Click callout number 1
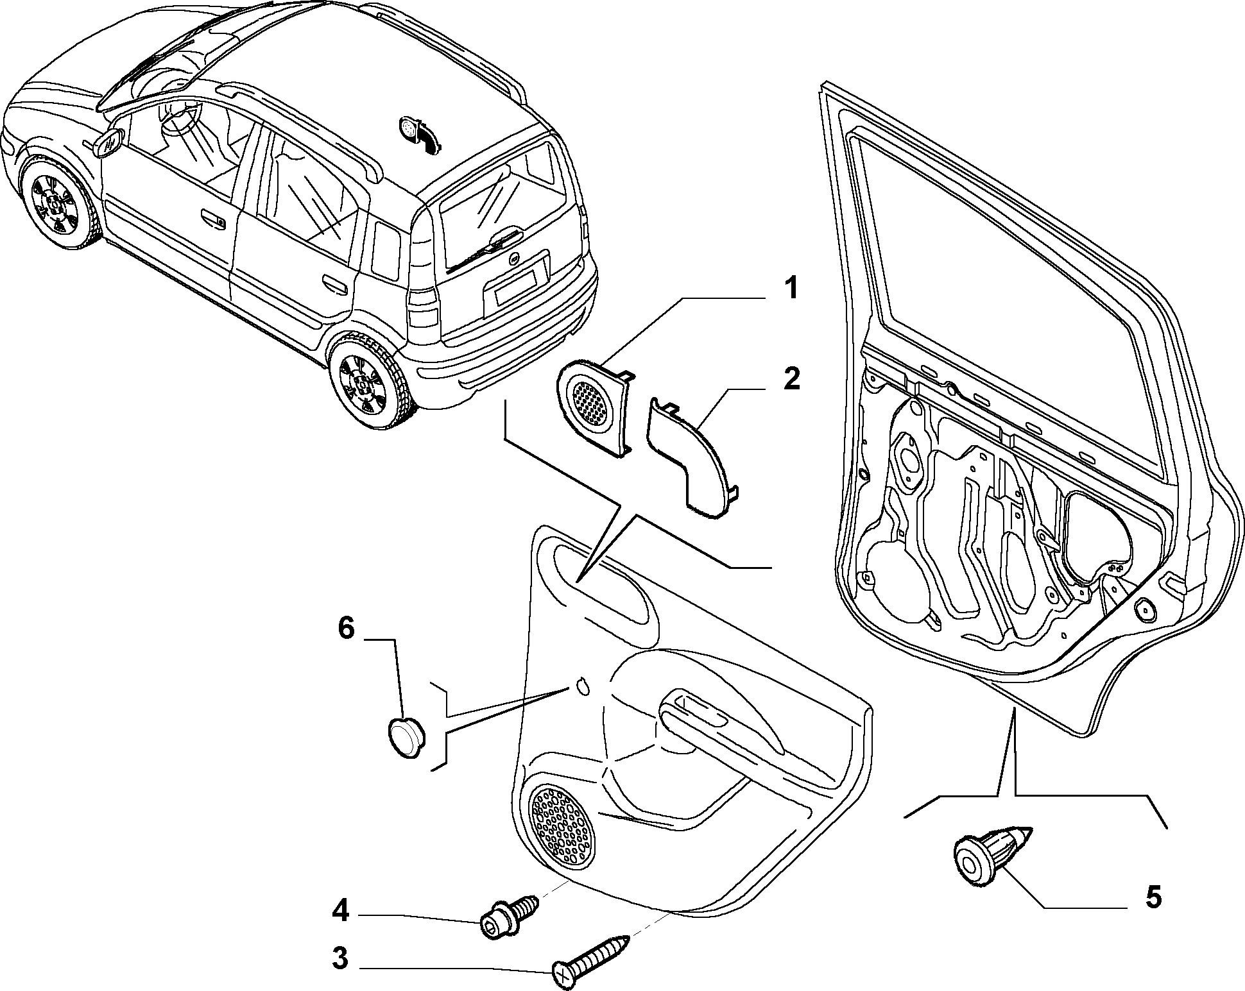click(793, 288)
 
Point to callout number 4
click(340, 911)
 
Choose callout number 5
click(1153, 897)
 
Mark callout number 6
click(346, 629)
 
